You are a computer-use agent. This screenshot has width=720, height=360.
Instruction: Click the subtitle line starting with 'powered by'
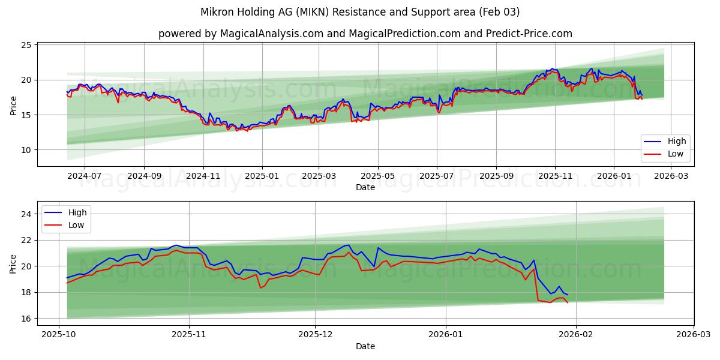365,34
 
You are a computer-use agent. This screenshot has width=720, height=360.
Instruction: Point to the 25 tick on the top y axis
26,45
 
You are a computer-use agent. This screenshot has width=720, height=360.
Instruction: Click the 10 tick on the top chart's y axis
26,150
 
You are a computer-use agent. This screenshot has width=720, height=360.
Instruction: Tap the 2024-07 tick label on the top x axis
84,176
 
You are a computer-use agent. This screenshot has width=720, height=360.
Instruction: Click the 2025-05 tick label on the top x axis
378,176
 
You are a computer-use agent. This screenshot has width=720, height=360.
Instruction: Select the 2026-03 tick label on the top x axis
671,176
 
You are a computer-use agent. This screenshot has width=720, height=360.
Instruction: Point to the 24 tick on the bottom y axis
26,214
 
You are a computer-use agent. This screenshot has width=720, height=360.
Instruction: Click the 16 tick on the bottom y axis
26,319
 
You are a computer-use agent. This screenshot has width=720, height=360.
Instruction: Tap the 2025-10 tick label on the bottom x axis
59,335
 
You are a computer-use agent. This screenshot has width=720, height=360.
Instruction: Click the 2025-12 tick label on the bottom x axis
316,335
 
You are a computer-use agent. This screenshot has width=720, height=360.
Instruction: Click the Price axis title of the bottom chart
13,263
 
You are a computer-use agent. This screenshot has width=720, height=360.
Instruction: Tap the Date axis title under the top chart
365,187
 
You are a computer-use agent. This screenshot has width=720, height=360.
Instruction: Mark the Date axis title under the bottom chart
365,346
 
